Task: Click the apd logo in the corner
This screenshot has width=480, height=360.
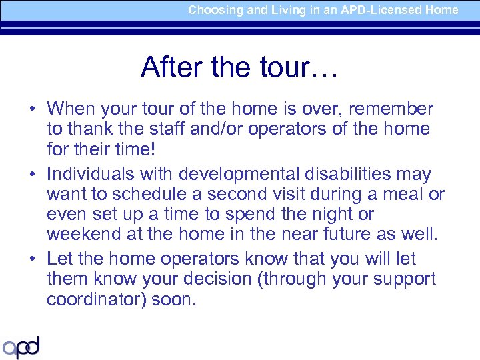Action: [21, 347]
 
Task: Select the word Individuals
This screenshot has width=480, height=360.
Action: [89, 175]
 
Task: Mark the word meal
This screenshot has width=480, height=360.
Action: [402, 195]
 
